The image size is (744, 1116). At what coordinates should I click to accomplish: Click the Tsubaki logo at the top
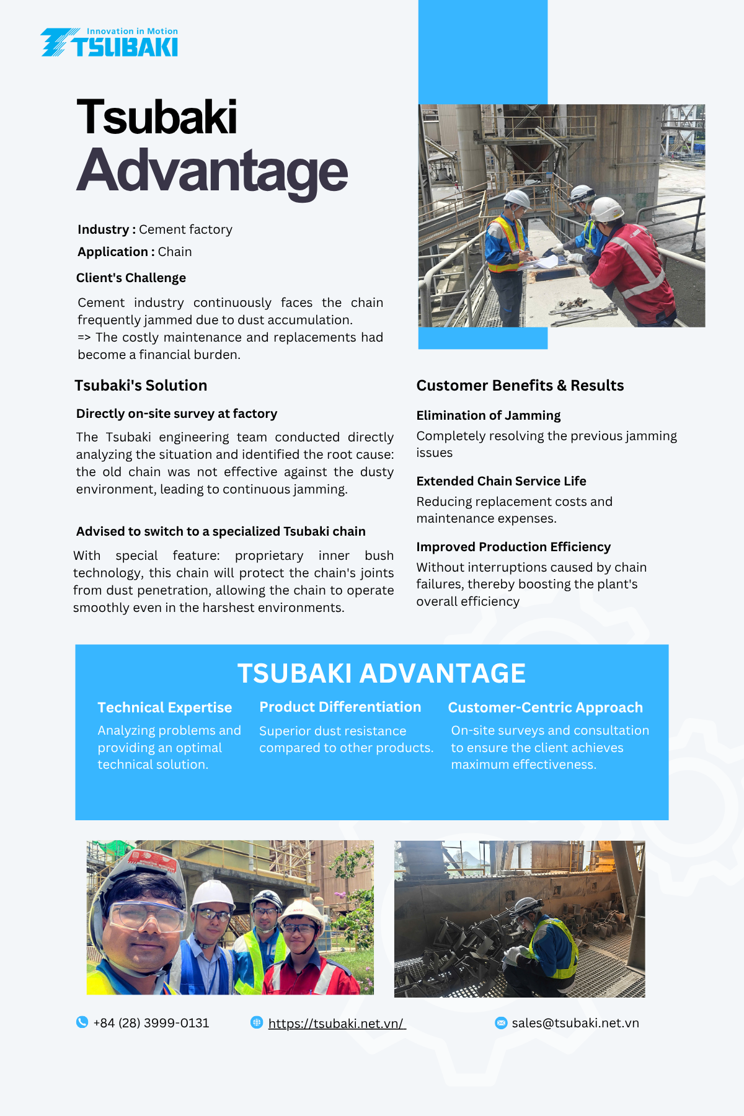coord(110,43)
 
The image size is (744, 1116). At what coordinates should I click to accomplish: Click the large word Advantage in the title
coord(212,172)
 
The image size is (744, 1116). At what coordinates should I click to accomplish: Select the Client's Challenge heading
coord(131,278)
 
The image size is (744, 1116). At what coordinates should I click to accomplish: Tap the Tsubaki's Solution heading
coord(141,386)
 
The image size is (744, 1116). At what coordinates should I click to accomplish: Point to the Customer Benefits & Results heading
coord(520,386)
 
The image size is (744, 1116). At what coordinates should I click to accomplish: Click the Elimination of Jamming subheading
coord(488,415)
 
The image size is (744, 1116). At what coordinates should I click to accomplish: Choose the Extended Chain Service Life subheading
coord(501,481)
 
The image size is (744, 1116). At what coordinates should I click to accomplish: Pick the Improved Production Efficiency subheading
coord(513,547)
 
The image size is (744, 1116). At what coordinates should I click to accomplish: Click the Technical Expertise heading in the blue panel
coord(164,707)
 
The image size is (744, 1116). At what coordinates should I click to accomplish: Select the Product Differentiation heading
coord(340,707)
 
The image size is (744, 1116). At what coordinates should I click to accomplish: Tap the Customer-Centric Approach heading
coord(545,707)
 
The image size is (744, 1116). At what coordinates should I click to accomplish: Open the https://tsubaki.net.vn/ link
coord(337,1023)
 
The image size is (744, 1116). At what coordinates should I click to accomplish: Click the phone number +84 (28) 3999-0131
coord(151,1023)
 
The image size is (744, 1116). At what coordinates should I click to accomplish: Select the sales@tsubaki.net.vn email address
coord(575,1023)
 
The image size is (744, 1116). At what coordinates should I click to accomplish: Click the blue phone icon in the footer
coord(82,1022)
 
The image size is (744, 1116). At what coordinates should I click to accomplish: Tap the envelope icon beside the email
coord(501,1022)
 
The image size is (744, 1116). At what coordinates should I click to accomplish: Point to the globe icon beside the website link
coord(257,1022)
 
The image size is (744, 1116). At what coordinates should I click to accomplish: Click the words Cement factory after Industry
coord(185,229)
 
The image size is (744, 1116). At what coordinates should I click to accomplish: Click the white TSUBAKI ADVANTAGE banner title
coord(381,673)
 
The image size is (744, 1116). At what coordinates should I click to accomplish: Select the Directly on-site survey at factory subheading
coord(177,414)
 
